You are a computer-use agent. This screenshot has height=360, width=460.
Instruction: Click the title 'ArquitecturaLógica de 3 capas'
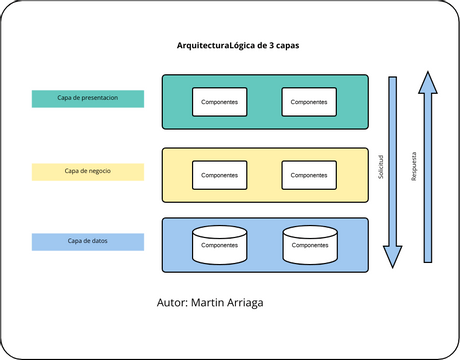coord(236,47)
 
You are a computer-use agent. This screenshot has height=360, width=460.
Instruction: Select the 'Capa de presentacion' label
coord(88,98)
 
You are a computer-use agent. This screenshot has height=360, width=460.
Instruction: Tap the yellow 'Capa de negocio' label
coord(88,171)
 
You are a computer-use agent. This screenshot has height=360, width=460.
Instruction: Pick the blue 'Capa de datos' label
coord(88,241)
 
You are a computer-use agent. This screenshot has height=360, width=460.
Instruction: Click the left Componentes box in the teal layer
coord(219,101)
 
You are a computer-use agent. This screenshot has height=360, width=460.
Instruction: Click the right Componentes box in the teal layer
coord(309,101)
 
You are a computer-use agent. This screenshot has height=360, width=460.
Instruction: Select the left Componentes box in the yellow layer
coord(219,174)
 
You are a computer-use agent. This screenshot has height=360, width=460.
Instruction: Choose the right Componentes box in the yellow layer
coord(309,174)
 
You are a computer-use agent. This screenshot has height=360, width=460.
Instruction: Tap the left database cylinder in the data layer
coord(219,245)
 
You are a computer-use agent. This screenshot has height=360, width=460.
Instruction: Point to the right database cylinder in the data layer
coord(309,245)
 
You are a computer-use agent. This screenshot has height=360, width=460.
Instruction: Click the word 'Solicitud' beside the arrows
coord(380,167)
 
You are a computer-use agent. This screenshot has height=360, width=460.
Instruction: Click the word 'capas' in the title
coord(285,47)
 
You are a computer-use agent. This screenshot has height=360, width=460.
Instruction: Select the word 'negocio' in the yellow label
coord(98,171)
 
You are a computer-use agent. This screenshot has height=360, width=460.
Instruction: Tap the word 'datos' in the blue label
coord(99,241)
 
